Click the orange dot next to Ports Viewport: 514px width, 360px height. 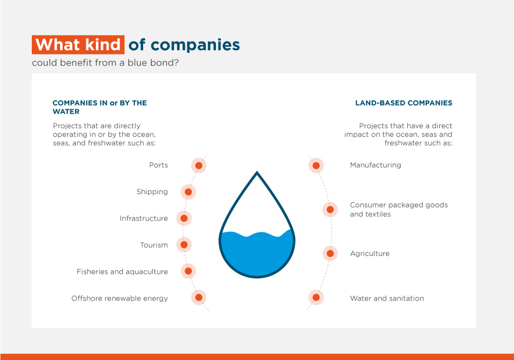(x=199, y=166)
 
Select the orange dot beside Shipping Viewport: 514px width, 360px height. (x=188, y=192)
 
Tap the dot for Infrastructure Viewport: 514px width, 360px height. (x=184, y=218)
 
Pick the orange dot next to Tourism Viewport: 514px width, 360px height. (x=184, y=245)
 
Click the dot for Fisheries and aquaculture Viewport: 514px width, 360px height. (x=188, y=271)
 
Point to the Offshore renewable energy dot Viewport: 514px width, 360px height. (x=199, y=297)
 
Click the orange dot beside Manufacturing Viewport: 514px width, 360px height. (x=316, y=166)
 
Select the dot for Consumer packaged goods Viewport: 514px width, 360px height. (x=330, y=210)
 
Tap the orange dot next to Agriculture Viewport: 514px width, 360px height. (x=330, y=253)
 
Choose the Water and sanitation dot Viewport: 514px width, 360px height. (x=316, y=297)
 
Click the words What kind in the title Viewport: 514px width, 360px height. (x=78, y=45)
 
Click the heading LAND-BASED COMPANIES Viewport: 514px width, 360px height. (x=404, y=103)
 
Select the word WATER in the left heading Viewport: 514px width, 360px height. (x=66, y=112)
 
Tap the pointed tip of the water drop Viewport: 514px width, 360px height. (x=257, y=171)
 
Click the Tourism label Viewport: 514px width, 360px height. (x=154, y=245)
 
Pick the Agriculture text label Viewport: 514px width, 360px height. (x=370, y=254)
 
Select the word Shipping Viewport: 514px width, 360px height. (x=152, y=192)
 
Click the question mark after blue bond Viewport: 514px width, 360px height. (x=176, y=63)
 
